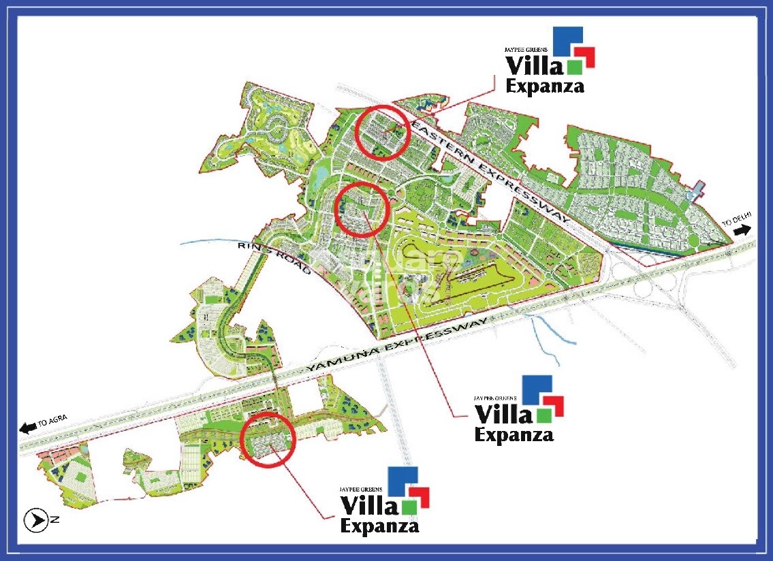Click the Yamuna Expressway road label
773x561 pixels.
pos(398,343)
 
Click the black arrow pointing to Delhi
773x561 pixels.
pos(742,229)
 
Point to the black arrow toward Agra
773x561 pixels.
pos(28,428)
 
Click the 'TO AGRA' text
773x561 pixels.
pos(53,422)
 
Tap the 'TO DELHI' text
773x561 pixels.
pos(737,219)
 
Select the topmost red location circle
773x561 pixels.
pos(384,132)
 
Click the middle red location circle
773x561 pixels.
pos(362,210)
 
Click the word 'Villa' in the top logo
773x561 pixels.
pos(534,66)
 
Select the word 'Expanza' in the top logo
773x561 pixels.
pos(544,86)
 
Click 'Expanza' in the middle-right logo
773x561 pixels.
pos(514,434)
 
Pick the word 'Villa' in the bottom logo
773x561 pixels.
pos(368,505)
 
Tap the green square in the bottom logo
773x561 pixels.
pos(409,507)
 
